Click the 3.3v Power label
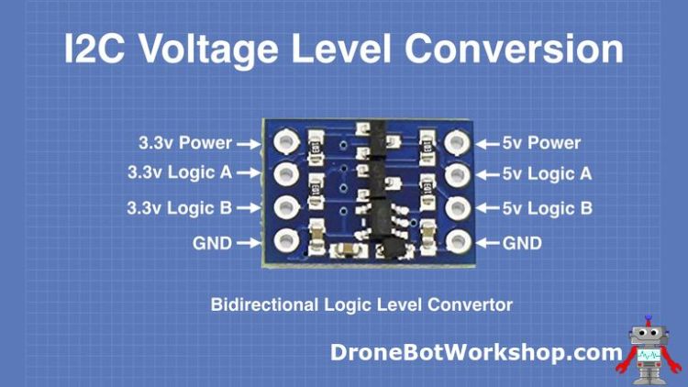[x=183, y=143]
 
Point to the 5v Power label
[x=541, y=143]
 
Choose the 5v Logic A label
[x=547, y=171]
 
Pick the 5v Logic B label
[x=547, y=207]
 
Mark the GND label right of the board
[x=522, y=243]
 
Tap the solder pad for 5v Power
[x=455, y=142]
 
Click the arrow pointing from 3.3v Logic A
[x=249, y=171]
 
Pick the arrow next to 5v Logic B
[x=487, y=207]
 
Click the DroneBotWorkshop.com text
[x=476, y=352]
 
